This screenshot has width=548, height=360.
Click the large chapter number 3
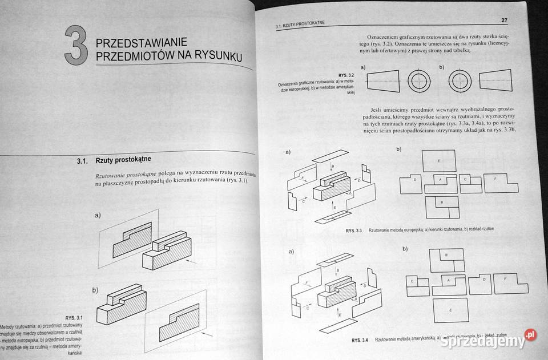tap(75, 46)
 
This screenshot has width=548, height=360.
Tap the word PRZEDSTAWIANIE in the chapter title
tap(139, 43)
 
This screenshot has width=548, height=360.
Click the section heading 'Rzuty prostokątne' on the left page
tap(123, 161)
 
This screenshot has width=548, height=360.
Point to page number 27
tap(504, 21)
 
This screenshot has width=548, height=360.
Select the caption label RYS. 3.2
tap(346, 75)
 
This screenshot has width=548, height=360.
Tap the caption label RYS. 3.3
tap(354, 230)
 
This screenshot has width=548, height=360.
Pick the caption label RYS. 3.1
tap(74, 317)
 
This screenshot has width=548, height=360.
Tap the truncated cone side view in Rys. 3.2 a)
tap(382, 81)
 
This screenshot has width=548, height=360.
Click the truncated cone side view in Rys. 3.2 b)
tap(496, 81)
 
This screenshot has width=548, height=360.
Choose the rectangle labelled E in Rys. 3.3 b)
tap(438, 160)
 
